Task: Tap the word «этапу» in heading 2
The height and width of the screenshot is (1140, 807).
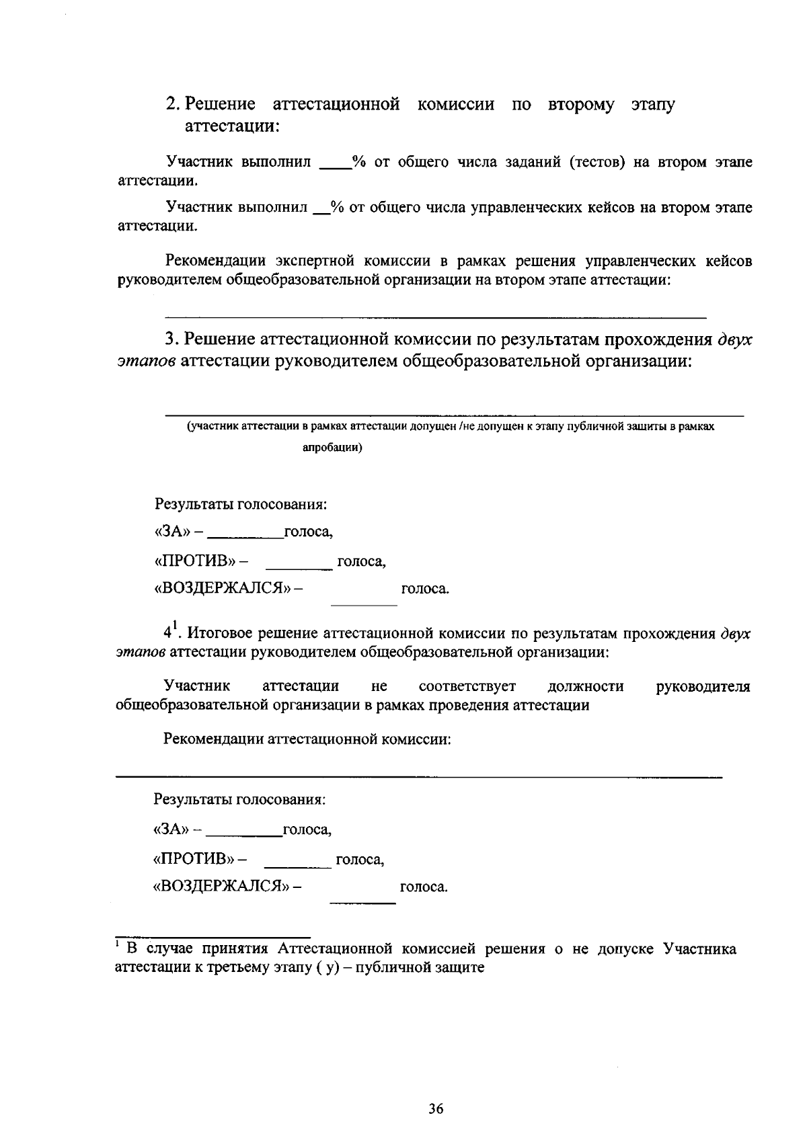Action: click(652, 106)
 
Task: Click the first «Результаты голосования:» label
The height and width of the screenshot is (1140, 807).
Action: click(241, 503)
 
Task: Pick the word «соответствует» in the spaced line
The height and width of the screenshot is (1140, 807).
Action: click(467, 686)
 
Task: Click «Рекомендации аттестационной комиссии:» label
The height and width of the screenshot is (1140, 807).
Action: click(307, 739)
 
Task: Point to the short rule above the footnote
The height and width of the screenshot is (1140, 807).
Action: click(213, 936)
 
